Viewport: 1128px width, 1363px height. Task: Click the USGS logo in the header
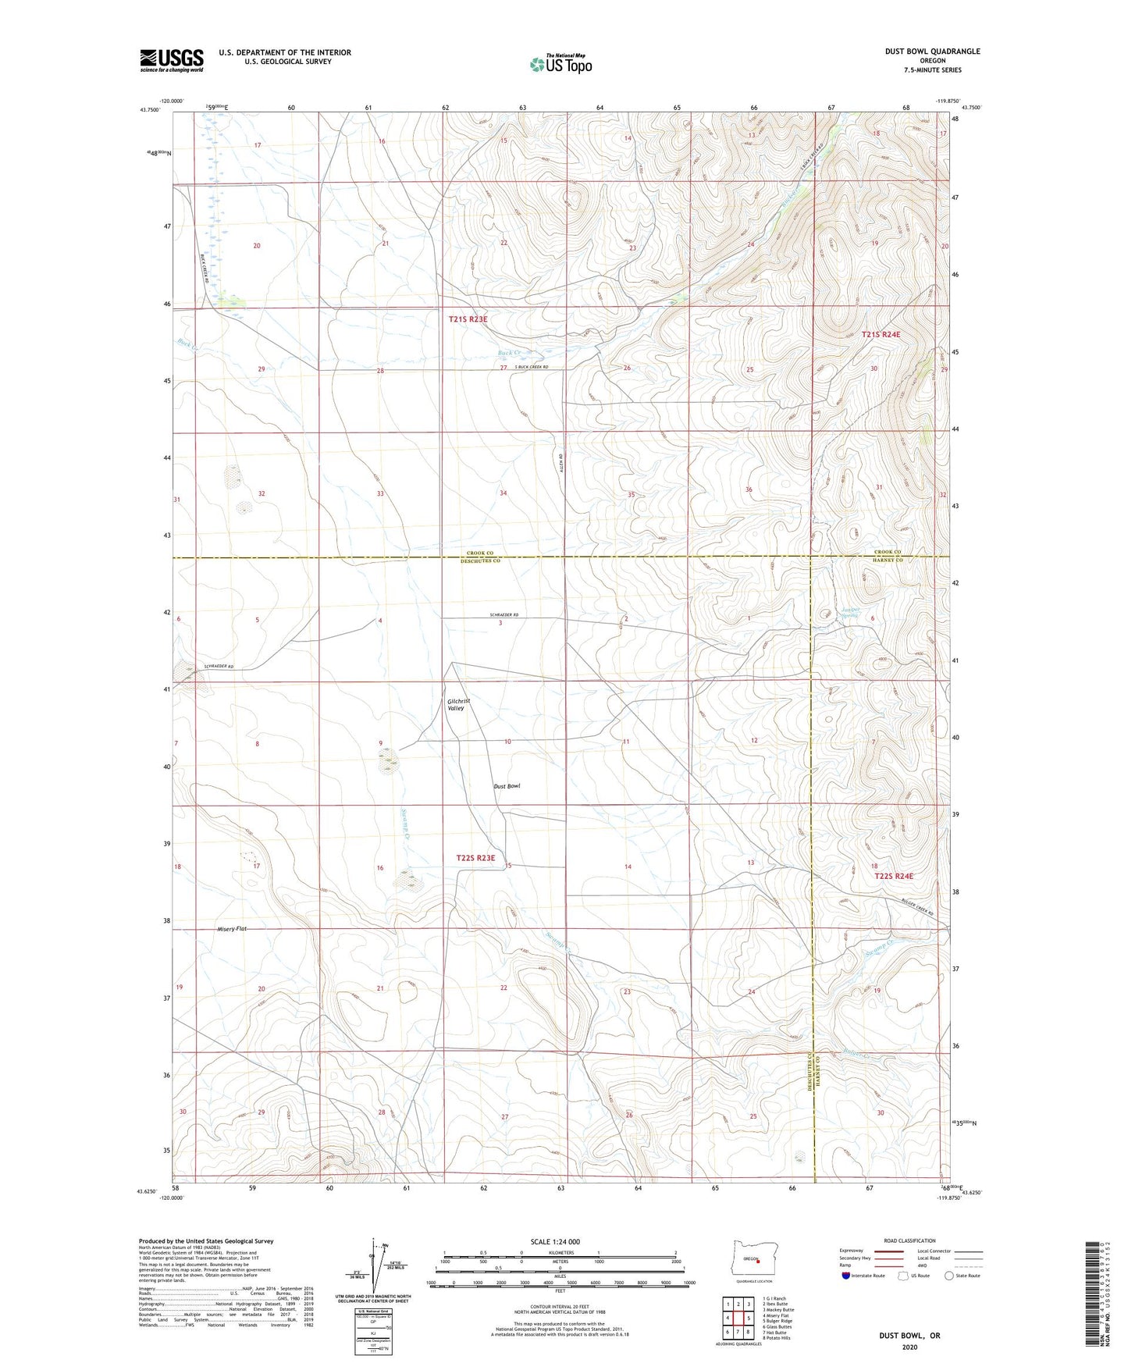[x=171, y=59]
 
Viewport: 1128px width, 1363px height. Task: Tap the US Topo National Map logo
[x=560, y=64]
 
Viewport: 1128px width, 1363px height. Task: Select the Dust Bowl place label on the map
[x=506, y=786]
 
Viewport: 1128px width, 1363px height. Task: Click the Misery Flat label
[x=231, y=929]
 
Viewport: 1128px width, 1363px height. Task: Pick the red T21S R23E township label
[x=468, y=319]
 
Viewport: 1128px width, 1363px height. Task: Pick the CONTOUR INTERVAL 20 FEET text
[x=559, y=1305]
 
